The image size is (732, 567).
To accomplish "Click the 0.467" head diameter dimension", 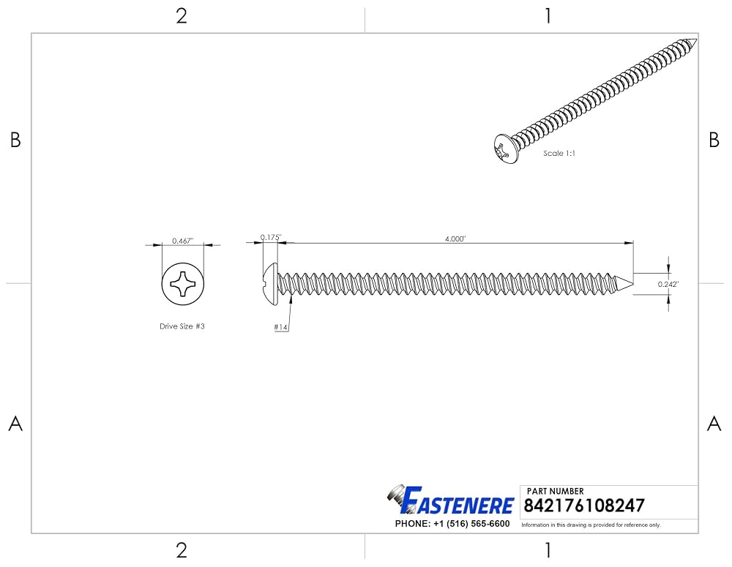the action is point(182,241).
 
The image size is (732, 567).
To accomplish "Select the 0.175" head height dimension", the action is point(271,237).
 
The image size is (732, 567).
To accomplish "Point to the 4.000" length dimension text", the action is point(455,239).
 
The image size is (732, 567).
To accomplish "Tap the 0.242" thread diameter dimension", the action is point(668,284).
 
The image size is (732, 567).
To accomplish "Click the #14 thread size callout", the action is point(280,327).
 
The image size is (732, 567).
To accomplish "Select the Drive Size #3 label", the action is point(182,326).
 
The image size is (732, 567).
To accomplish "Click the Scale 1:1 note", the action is point(559,153).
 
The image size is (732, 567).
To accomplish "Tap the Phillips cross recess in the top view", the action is point(182,283).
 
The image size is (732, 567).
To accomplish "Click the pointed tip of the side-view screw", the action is point(633,284).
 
